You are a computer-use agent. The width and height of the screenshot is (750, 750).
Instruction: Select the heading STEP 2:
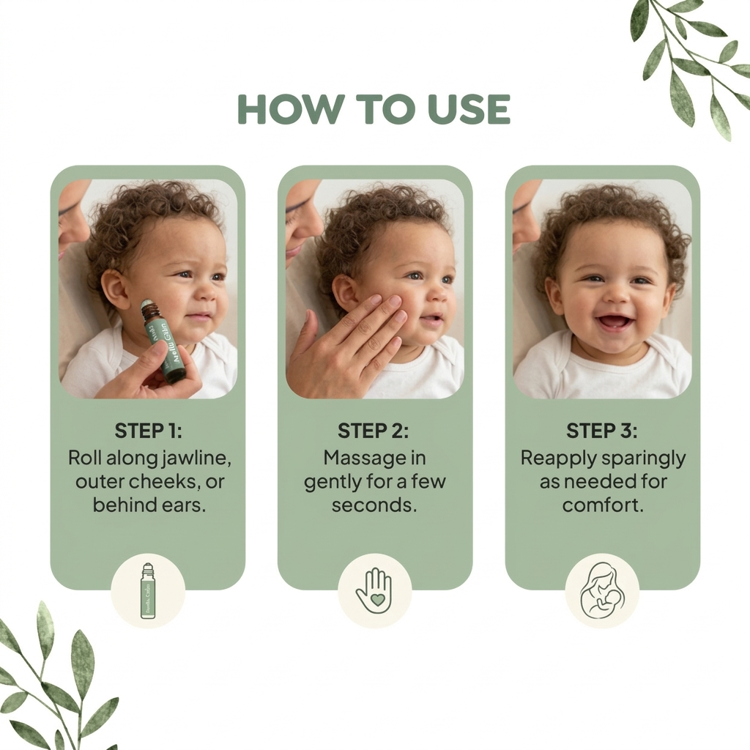click(374, 430)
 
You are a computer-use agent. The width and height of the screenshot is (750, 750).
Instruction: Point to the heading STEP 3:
click(602, 430)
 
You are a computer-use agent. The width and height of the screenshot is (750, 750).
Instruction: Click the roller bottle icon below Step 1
click(148, 591)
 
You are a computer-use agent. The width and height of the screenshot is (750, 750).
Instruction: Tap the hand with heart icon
click(374, 591)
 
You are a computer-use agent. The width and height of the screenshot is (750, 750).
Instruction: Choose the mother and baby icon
click(601, 590)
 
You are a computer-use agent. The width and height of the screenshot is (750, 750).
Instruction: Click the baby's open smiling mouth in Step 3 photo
click(614, 322)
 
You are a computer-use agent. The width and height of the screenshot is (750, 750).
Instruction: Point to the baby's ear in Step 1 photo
click(115, 289)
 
